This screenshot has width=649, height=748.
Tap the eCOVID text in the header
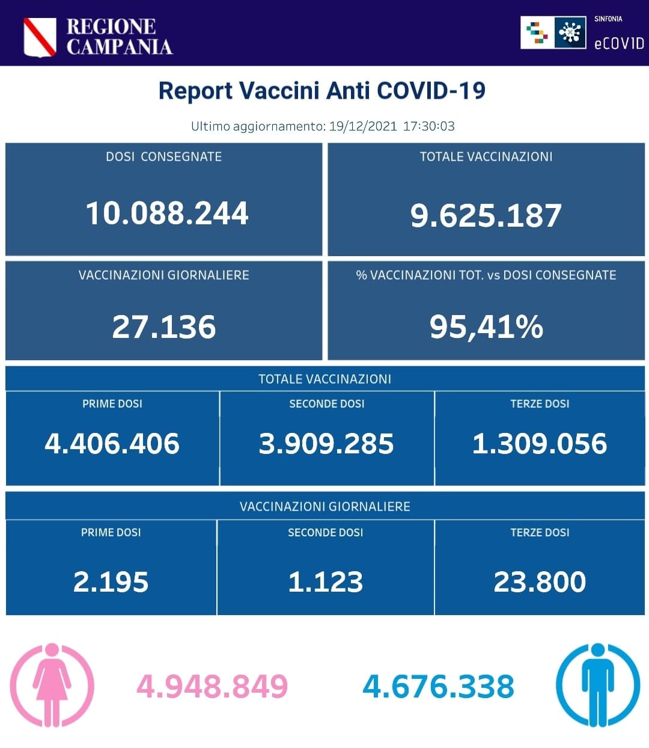point(618,43)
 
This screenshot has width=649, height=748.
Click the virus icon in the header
point(570,32)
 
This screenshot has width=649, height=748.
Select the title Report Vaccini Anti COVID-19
point(322,91)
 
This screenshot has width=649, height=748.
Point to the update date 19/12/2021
point(363,126)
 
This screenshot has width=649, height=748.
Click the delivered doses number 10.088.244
point(166,213)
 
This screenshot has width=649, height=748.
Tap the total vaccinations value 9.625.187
point(486,215)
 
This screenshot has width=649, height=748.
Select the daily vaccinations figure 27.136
point(163,327)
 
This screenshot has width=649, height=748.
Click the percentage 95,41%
point(486,327)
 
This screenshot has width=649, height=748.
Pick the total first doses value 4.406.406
point(112,444)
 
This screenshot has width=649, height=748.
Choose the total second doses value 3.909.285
point(326,444)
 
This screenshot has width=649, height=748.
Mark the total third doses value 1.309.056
point(540,444)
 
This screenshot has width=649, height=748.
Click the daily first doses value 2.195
point(111,582)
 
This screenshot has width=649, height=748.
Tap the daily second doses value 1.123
point(325,582)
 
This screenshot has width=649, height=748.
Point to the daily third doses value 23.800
point(540,582)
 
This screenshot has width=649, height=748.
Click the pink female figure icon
point(52,685)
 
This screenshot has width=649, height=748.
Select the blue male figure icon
point(597,685)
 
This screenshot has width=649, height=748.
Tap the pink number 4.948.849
point(212,687)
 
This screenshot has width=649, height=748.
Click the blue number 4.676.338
point(439,687)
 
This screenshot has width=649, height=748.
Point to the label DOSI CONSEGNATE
point(163,157)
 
